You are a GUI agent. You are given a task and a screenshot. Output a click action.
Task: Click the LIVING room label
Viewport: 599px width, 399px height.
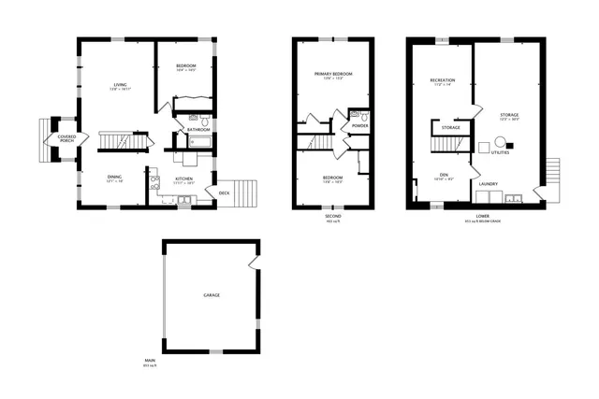[120, 85]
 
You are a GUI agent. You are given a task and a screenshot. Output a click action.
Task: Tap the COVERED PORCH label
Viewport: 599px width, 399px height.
[66, 138]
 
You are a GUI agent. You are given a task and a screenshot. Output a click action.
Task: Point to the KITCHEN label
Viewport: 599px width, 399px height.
[183, 178]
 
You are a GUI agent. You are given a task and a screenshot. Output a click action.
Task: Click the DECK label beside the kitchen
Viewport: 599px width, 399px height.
[225, 193]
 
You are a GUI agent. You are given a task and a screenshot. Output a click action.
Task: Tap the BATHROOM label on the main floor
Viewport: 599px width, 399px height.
[197, 129]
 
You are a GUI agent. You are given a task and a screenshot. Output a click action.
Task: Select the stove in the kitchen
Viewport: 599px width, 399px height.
[154, 183]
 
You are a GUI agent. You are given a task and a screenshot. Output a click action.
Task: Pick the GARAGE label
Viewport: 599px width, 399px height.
[212, 295]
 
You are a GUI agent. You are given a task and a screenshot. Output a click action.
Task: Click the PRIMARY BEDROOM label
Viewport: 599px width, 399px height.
[334, 74]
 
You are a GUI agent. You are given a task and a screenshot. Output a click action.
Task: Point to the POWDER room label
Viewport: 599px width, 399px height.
[360, 125]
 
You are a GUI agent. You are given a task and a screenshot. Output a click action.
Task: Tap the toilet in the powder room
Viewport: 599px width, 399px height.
[354, 116]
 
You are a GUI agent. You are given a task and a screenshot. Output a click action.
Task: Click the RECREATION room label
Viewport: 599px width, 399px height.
[442, 81]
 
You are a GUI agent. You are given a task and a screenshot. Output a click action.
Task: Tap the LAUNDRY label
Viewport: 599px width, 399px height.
[488, 183]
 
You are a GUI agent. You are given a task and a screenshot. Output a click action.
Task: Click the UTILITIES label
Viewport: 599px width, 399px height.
[501, 152]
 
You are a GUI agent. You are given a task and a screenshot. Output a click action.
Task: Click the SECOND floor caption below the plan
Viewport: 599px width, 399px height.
[332, 216]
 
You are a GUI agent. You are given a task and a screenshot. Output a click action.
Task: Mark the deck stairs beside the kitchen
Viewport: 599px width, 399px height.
[243, 193]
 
